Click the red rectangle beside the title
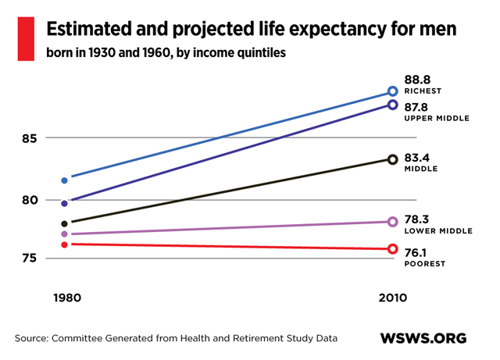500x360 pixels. coord(27,38)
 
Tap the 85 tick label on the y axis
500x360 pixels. coord(30,138)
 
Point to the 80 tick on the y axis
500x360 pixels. coord(30,200)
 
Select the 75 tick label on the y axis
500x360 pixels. coord(30,258)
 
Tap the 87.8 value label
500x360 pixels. coord(420,106)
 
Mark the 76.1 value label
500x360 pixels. coord(419,251)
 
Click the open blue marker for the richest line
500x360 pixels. coord(392,92)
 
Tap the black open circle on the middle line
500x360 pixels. coord(392,159)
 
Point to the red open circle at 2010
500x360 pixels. coord(392,249)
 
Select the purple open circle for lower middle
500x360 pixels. coord(392,222)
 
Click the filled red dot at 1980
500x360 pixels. coord(64,244)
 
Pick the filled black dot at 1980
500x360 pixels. coord(64,223)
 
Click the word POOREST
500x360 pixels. coord(425,264)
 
